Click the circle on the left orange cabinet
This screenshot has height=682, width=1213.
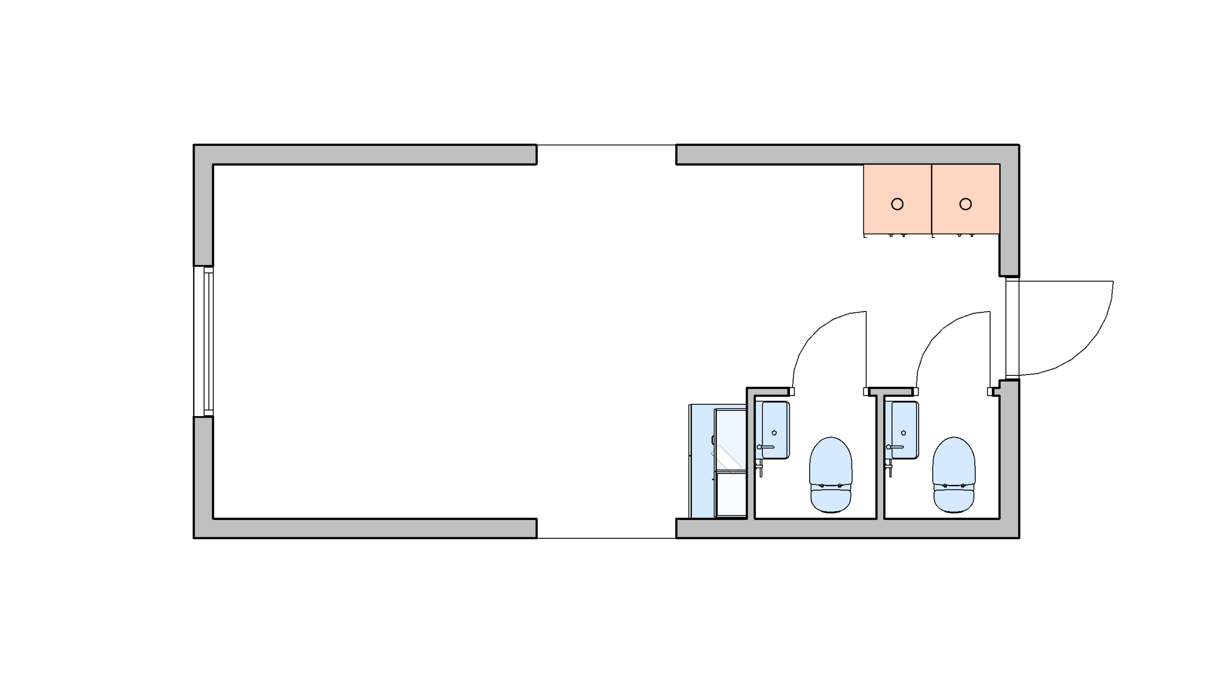tap(897, 204)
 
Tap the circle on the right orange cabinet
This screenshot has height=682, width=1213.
tap(965, 204)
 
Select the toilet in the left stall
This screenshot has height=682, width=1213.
tap(831, 469)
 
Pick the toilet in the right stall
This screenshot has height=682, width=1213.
tap(954, 469)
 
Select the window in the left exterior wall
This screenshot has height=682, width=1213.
tap(204, 341)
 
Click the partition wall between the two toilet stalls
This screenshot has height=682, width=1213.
tap(880, 457)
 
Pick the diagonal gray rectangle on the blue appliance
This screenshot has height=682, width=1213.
tap(726, 457)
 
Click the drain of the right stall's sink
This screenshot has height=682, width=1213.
tap(904, 433)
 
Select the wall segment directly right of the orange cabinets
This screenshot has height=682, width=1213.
tap(1009, 218)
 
